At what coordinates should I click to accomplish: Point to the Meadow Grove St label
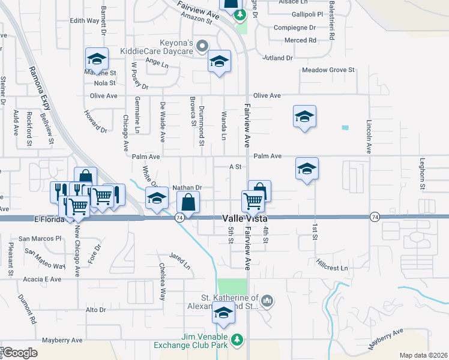[x=328, y=70]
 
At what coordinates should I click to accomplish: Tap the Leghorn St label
[x=423, y=178]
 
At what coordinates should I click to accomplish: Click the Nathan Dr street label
[x=186, y=188]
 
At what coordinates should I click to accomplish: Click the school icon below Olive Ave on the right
[x=305, y=116]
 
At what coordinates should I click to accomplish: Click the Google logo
[x=20, y=352]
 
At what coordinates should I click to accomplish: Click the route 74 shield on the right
[x=375, y=216]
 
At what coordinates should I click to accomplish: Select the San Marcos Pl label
[x=40, y=239]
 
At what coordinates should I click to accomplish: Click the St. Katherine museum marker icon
[x=267, y=301]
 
